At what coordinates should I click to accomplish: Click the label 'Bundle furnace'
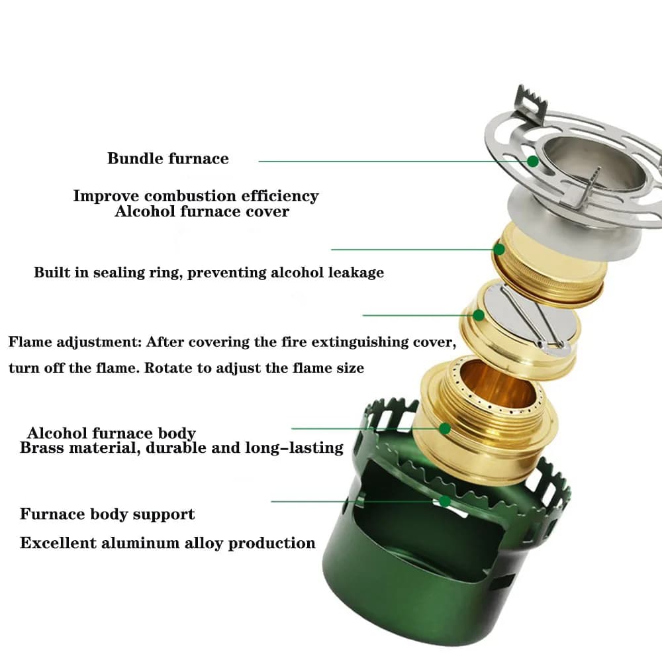(168, 159)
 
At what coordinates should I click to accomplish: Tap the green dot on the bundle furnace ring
(533, 161)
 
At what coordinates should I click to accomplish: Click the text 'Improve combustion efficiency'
(196, 196)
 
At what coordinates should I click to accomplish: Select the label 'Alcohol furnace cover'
(202, 212)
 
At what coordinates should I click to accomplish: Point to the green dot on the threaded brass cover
(499, 250)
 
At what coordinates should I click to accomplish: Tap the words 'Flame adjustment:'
(74, 342)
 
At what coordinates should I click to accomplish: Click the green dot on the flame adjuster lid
(478, 315)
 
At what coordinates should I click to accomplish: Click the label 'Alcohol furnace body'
(111, 434)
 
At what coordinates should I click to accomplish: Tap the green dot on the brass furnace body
(445, 428)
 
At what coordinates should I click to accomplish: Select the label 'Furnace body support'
(107, 514)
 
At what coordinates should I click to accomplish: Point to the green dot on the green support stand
(445, 501)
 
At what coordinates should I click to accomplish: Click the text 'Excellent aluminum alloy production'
(167, 544)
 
